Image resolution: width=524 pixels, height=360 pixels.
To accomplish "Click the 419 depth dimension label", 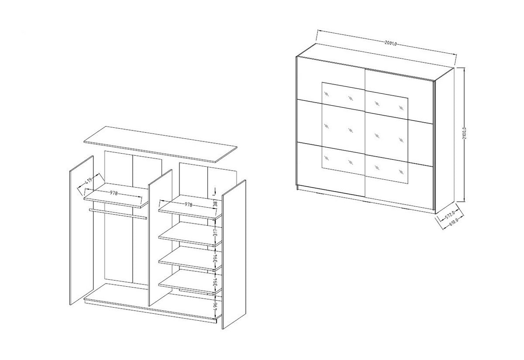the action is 88,181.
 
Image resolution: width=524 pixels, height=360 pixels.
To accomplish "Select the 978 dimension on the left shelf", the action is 114,193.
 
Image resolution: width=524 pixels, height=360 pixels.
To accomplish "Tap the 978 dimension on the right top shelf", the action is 188,205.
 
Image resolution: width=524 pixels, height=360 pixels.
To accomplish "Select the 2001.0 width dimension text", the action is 390,43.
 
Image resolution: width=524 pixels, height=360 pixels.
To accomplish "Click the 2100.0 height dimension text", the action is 464,133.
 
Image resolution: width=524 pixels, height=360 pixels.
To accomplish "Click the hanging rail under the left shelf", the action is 118,214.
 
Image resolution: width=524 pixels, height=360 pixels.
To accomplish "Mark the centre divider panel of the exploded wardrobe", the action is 161,237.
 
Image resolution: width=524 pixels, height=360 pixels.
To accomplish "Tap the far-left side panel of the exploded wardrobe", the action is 82,230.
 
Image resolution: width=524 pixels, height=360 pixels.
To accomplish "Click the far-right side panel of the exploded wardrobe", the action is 234,254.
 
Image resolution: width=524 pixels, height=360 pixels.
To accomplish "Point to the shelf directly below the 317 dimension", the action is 190,234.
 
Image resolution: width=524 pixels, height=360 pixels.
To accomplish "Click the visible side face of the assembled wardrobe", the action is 445,141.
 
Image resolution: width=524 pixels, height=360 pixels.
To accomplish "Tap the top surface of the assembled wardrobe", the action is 376,62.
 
